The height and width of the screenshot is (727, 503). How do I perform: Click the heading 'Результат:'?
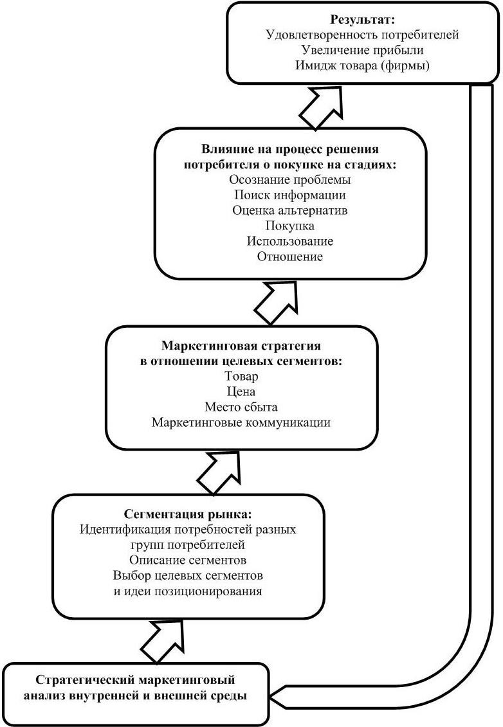tap(362, 20)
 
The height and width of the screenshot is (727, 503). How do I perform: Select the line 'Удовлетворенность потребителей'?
tap(362, 35)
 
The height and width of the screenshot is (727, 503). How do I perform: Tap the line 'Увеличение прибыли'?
tap(362, 50)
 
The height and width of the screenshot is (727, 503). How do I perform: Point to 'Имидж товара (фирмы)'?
tap(362, 66)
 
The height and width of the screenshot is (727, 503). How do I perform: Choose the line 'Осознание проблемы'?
tap(290, 179)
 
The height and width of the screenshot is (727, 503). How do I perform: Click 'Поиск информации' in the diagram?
tap(290, 195)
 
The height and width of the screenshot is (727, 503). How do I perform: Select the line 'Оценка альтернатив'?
tap(290, 210)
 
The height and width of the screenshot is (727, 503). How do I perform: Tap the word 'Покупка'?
tap(290, 226)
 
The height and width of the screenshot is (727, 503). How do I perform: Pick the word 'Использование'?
tap(290, 241)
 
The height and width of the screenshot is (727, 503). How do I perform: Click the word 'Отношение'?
tap(290, 256)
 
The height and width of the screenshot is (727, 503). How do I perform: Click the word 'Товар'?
tap(241, 377)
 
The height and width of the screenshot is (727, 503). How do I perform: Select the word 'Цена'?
tap(241, 392)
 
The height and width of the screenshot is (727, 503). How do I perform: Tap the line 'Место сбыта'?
tap(241, 408)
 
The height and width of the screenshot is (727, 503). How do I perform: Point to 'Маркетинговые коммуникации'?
tap(241, 423)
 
